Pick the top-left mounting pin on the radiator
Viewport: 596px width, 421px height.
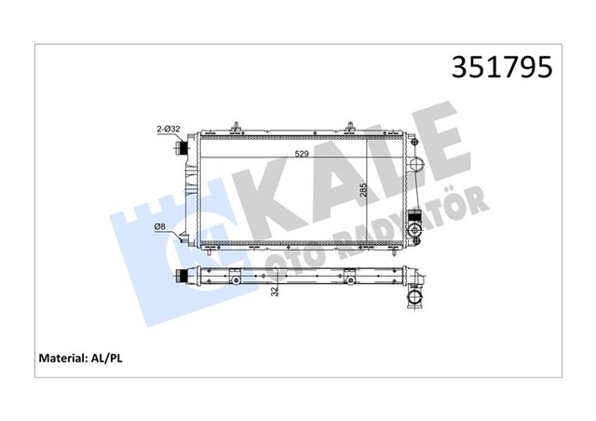238,127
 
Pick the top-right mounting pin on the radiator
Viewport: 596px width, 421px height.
351,127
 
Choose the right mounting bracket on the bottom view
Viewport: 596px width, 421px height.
349,278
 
